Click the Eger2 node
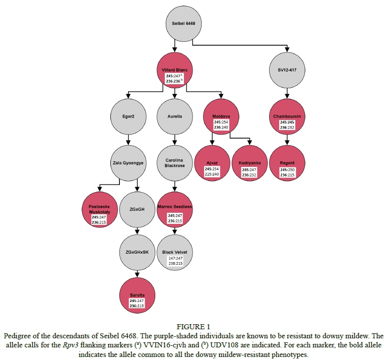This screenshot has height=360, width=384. click(x=128, y=116)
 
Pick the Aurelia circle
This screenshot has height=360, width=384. click(x=174, y=116)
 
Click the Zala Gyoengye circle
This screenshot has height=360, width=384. click(x=128, y=163)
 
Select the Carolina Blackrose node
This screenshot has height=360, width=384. click(x=174, y=163)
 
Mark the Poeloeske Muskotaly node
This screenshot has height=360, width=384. click(x=100, y=210)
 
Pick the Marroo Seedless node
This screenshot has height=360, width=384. click(x=174, y=210)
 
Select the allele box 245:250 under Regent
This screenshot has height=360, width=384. click(x=287, y=170)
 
